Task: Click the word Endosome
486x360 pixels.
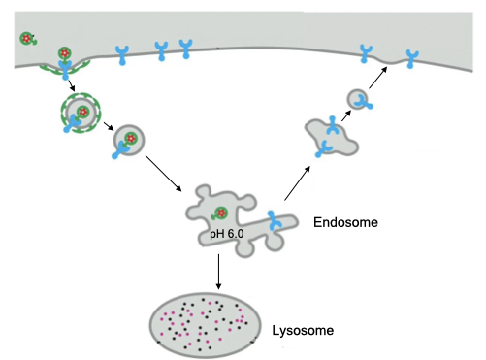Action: click(345, 223)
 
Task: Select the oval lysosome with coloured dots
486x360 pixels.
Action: click(206, 320)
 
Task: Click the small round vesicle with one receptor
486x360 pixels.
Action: click(358, 98)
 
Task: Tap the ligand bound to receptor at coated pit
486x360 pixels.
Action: click(65, 54)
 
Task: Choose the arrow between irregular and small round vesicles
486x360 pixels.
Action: click(343, 116)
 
